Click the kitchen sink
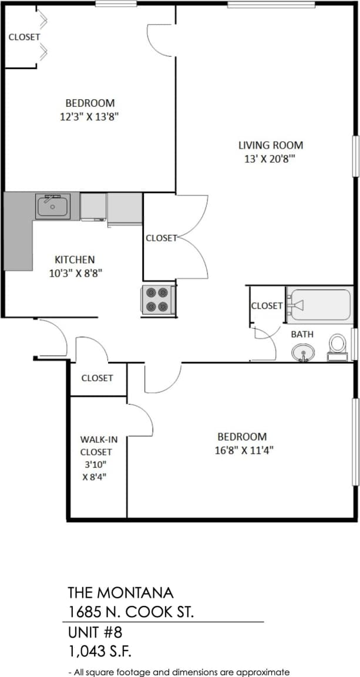53,207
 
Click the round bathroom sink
303,352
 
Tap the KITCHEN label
75,259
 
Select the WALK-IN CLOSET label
96,446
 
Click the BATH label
302,334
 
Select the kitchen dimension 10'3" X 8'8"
75,272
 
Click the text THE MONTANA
120,592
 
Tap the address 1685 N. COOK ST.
131,612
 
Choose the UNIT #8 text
97,634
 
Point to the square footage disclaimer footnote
179,672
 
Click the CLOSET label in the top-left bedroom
24,37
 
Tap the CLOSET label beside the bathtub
267,305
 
